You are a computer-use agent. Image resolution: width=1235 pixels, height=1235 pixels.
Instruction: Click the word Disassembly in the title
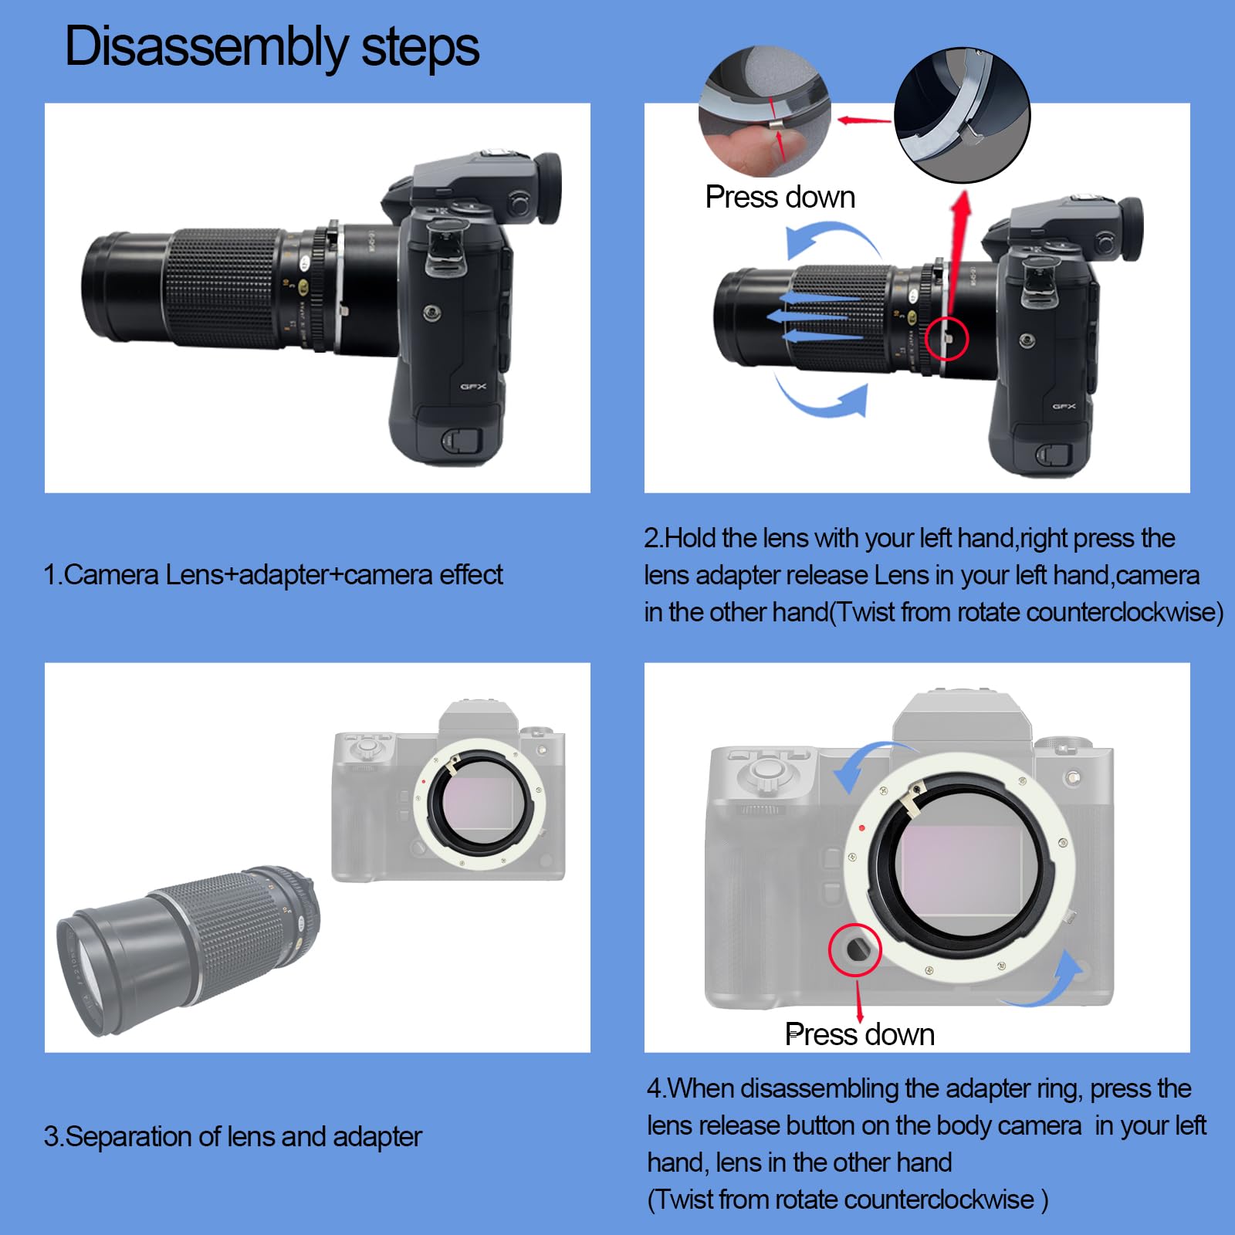207,47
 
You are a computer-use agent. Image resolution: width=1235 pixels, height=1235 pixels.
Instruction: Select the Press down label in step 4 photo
860,1034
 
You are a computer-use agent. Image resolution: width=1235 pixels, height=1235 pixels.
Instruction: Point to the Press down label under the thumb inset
780,198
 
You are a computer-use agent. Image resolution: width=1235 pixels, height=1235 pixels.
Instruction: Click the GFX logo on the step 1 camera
473,387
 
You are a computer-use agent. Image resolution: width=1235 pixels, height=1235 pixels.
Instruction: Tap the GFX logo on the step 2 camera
1064,406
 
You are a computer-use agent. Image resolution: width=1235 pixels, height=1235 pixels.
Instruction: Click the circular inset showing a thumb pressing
764,110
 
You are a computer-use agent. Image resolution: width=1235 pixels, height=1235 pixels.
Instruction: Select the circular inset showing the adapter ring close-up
962,115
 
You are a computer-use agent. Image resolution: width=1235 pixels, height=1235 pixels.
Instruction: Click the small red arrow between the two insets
864,120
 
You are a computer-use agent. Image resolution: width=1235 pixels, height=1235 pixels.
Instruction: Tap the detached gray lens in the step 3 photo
188,950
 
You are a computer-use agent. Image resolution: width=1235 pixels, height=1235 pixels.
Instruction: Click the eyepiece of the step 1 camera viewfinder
547,189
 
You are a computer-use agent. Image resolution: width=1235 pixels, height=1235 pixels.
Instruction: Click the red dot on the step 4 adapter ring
862,828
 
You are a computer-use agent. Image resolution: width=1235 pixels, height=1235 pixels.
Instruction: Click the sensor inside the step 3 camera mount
480,803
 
